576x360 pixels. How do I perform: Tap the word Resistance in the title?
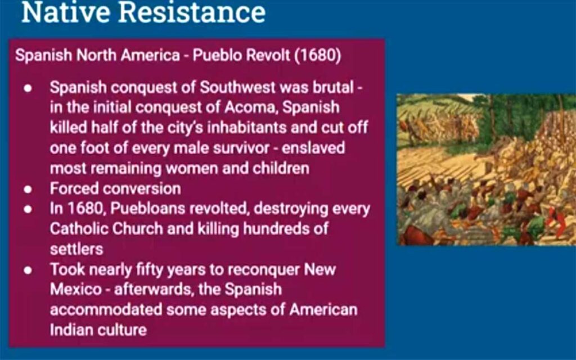192,12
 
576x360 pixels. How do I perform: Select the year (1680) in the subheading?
317,56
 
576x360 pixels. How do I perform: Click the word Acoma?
250,107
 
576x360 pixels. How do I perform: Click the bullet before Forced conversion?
28,189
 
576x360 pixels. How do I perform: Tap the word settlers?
76,249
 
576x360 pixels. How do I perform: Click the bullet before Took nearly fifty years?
28,271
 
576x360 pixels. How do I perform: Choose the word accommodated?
106,310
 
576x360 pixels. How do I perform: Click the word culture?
122,330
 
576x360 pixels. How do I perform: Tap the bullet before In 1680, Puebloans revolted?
28,209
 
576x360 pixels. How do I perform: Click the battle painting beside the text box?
487,169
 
